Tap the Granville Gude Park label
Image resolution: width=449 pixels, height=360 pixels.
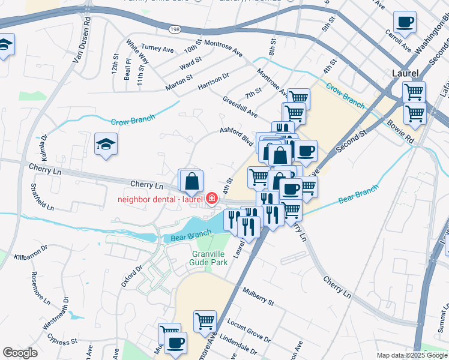point(206,258)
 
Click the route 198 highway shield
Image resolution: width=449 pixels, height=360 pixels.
point(174,29)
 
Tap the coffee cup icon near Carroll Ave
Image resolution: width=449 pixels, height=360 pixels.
point(405,23)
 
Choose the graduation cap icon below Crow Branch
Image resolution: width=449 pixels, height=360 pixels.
point(106,144)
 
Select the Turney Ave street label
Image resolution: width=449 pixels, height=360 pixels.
point(155,47)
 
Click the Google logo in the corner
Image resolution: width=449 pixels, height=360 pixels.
point(20,353)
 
